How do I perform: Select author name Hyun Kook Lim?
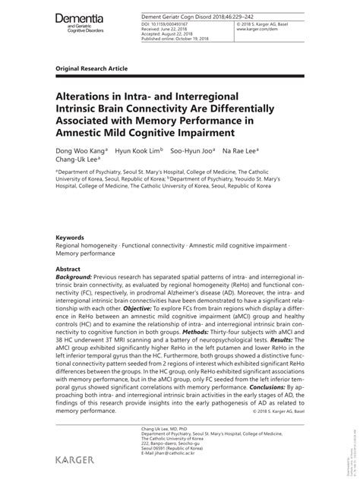[138, 150]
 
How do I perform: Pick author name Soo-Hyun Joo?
[197, 150]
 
